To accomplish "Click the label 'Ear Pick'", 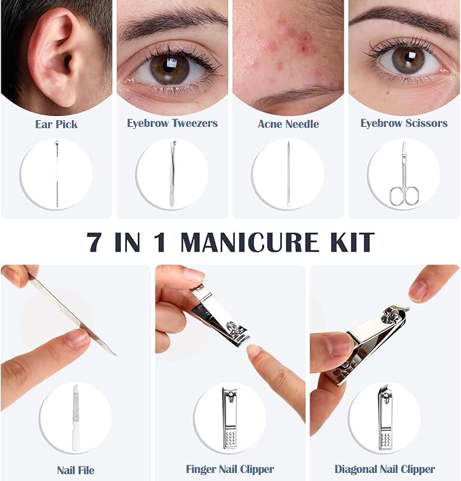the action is [x=56, y=124].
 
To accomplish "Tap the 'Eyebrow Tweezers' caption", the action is [x=172, y=123].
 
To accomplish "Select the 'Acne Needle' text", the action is [x=288, y=124].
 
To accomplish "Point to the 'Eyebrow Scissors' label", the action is [x=404, y=123].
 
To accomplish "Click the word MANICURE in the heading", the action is [x=250, y=242].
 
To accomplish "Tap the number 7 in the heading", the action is [x=94, y=242].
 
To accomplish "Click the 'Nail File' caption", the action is [x=76, y=470].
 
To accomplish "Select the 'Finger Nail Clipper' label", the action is [x=230, y=469].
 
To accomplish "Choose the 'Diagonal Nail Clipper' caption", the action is [x=384, y=469].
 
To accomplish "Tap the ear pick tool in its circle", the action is [x=57, y=173].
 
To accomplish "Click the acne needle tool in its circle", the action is [x=288, y=174].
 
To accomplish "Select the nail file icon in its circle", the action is [x=76, y=418].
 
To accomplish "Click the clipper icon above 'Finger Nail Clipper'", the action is [x=229, y=418].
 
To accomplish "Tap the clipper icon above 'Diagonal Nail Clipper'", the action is [x=384, y=418].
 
